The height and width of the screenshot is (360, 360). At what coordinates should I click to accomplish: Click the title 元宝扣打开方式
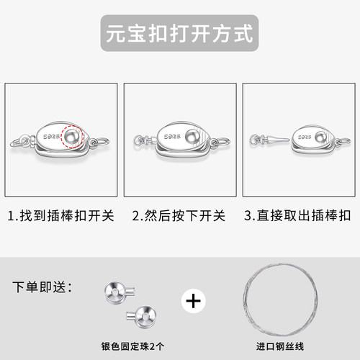tap(179, 34)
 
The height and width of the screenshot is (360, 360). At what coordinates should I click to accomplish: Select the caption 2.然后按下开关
tap(179, 215)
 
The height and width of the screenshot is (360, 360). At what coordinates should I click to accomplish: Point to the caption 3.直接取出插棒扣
tap(297, 215)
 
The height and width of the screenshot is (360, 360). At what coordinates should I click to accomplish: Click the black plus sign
tap(192, 300)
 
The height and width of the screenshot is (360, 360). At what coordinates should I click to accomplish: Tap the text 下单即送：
tap(42, 288)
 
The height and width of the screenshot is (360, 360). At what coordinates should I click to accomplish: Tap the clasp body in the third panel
tap(312, 138)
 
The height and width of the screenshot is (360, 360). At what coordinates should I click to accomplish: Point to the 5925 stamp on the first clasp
tap(53, 136)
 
